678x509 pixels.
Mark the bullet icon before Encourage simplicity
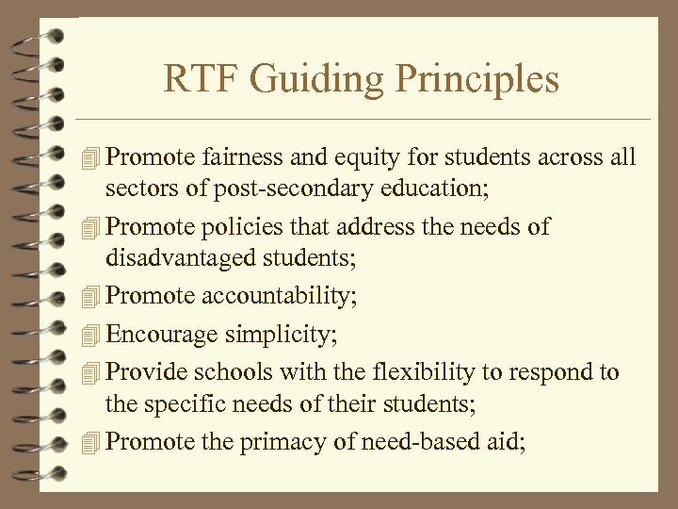click(89, 335)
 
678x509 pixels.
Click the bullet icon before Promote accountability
click(89, 295)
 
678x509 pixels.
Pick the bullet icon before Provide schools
click(89, 373)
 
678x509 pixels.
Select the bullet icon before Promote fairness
click(89, 157)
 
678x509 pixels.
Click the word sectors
click(136, 188)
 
